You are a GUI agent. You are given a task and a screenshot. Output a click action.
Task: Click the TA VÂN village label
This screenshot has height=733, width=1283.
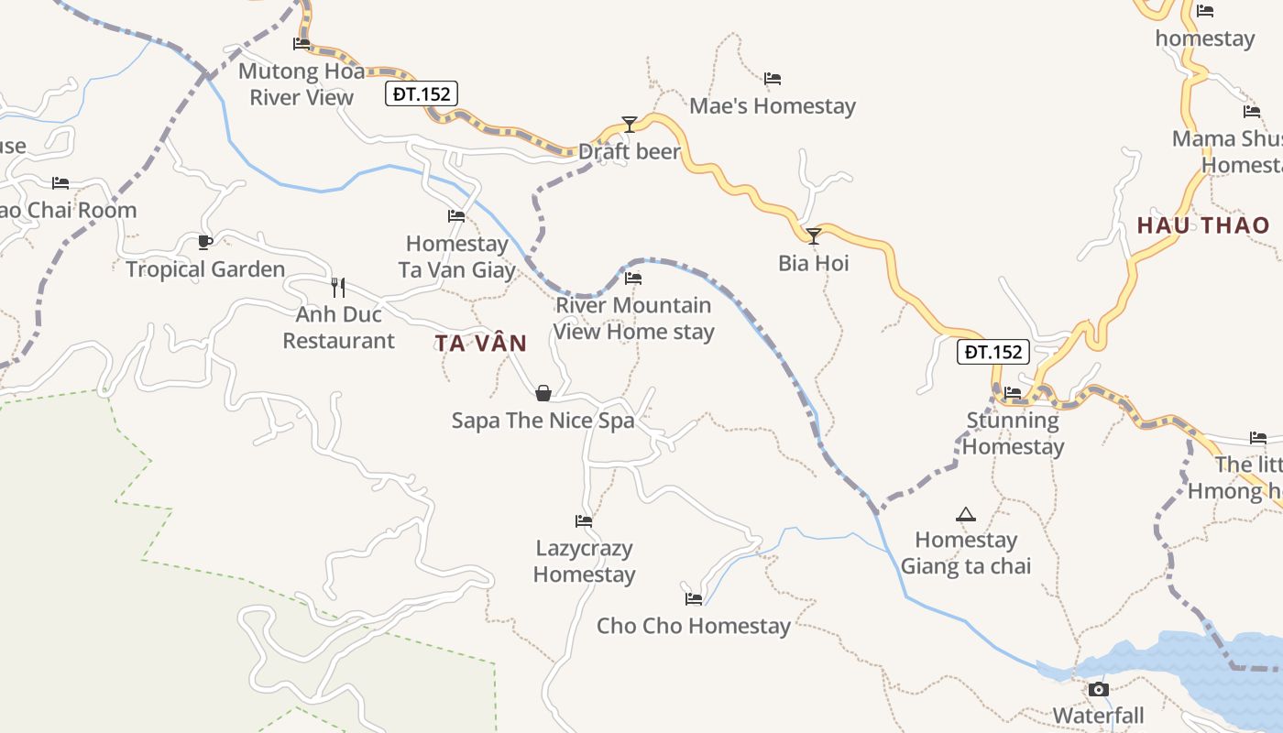click(x=481, y=344)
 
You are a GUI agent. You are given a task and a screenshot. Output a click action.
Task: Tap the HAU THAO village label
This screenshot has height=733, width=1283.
click(x=1203, y=225)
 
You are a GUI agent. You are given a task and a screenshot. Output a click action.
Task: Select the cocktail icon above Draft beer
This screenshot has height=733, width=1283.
click(x=629, y=124)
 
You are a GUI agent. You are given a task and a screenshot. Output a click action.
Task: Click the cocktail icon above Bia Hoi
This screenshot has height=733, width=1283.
click(x=813, y=236)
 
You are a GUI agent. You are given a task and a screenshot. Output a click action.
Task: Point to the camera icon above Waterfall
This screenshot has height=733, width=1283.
click(x=1098, y=689)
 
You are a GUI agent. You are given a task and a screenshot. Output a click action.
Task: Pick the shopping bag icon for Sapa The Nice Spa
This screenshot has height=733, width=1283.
click(x=543, y=393)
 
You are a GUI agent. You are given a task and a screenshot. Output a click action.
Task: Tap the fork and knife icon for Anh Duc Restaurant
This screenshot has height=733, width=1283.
click(x=338, y=287)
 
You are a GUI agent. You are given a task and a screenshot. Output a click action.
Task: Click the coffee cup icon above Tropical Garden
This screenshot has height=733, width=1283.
click(x=205, y=242)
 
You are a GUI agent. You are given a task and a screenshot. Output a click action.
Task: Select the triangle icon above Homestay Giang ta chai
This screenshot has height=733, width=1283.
click(x=965, y=514)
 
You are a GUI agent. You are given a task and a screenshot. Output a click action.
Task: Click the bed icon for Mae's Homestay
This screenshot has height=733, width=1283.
click(x=773, y=79)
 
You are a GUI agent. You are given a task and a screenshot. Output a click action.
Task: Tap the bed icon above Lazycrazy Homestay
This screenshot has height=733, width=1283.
click(x=584, y=521)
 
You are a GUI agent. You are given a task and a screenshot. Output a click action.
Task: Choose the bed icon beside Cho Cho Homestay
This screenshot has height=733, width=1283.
click(x=694, y=599)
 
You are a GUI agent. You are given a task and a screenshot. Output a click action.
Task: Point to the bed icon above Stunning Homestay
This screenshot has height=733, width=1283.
click(x=1013, y=393)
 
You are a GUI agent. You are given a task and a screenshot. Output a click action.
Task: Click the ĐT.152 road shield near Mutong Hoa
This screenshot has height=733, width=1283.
click(x=421, y=93)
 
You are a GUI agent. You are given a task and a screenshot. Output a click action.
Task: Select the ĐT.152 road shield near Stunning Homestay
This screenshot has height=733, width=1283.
click(x=993, y=352)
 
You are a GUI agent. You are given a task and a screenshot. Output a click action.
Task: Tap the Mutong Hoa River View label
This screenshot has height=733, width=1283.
click(x=302, y=84)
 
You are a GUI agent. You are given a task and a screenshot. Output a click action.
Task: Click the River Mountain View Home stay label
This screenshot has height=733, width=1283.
click(x=633, y=318)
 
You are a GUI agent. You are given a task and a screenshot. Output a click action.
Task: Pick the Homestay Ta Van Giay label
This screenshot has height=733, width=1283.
click(x=456, y=257)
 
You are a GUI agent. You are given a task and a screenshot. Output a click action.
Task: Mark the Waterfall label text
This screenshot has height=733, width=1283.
click(x=1098, y=716)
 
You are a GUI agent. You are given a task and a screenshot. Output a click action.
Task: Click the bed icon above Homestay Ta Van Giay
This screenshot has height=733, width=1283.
click(x=456, y=216)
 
